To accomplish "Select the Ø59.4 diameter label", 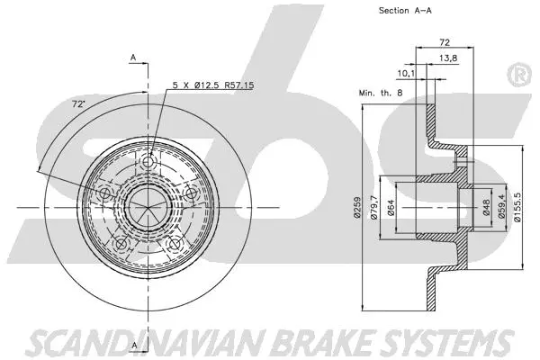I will (500, 209).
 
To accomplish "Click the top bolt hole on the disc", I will (150, 162).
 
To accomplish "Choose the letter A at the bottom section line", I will (132, 345).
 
